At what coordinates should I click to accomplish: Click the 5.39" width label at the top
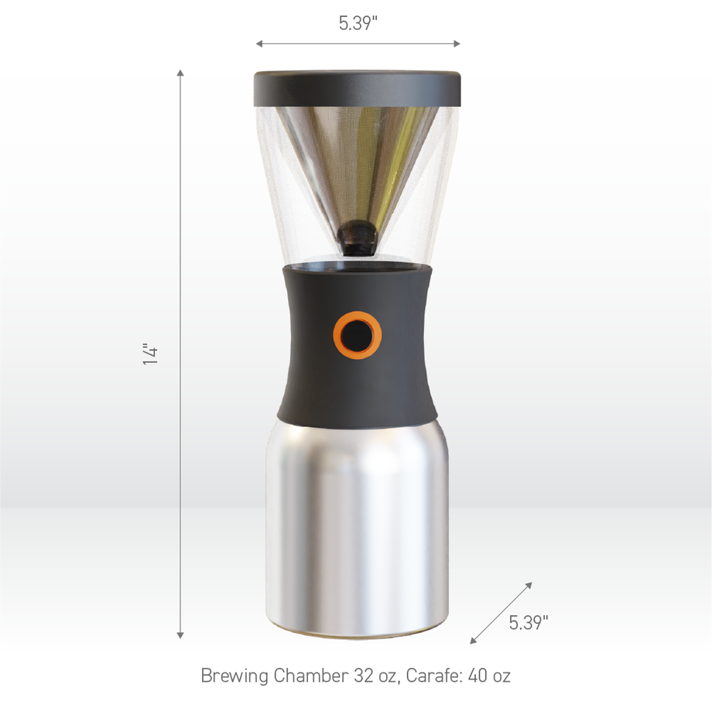pos(358,23)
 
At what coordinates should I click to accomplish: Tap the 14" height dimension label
pos(151,354)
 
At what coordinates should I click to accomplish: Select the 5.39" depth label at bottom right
pos(529,623)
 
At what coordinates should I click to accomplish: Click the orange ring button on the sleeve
pos(357,335)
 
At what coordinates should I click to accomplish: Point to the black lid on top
pos(357,88)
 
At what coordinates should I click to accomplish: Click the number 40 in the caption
pos(478,675)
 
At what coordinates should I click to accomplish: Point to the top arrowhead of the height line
pos(180,72)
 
